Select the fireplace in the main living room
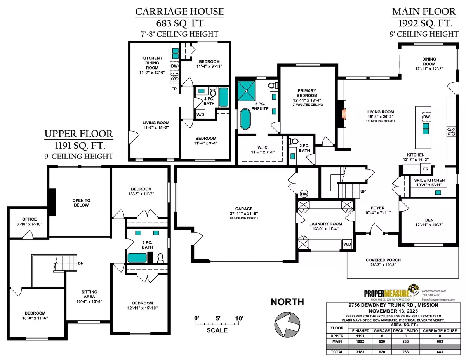click(342, 113)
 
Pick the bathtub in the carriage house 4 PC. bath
click(223, 97)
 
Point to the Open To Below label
click(81, 202)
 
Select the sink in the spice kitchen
click(438, 192)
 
